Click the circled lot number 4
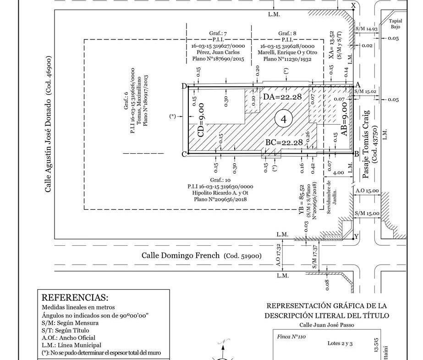pyautogui.click(x=284, y=120)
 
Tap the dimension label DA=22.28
pyautogui.click(x=283, y=97)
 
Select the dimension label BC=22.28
pyautogui.click(x=284, y=143)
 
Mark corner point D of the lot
pyautogui.click(x=184, y=86)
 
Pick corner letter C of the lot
pyautogui.click(x=184, y=154)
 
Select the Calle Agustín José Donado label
pyautogui.click(x=49, y=124)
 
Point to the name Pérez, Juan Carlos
pyautogui.click(x=218, y=52)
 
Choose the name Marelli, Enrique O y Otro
pyautogui.click(x=287, y=52)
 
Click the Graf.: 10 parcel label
pyautogui.click(x=220, y=179)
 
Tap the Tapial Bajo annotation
pyautogui.click(x=395, y=24)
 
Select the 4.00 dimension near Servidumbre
pyautogui.click(x=338, y=173)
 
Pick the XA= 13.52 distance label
pyautogui.click(x=332, y=44)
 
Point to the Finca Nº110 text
pyautogui.click(x=291, y=337)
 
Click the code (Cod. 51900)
pyautogui.click(x=242, y=256)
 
